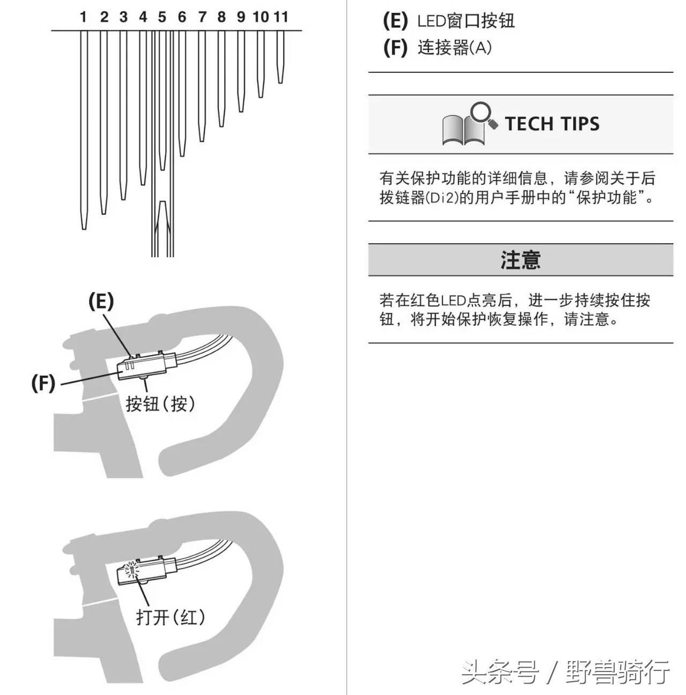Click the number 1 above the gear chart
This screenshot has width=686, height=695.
tap(83, 17)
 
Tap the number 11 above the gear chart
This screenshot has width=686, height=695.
tap(280, 17)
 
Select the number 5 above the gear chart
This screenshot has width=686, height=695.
tap(162, 17)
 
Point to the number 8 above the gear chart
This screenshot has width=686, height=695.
tap(221, 17)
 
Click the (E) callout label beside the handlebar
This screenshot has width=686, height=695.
tap(101, 302)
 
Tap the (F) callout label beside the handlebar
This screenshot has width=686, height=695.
tap(43, 383)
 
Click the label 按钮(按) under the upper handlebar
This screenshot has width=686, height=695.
tap(160, 403)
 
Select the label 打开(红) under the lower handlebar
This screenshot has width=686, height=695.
tap(170, 617)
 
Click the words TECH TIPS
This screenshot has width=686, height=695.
tap(552, 124)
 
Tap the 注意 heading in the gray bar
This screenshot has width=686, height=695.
tap(520, 260)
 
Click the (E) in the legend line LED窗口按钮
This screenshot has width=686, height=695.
tap(395, 21)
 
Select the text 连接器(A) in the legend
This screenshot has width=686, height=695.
tap(454, 48)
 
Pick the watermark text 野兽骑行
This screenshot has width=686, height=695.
tap(617, 672)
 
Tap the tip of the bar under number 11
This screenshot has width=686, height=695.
tap(280, 81)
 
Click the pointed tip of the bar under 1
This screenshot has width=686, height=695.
tap(84, 228)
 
